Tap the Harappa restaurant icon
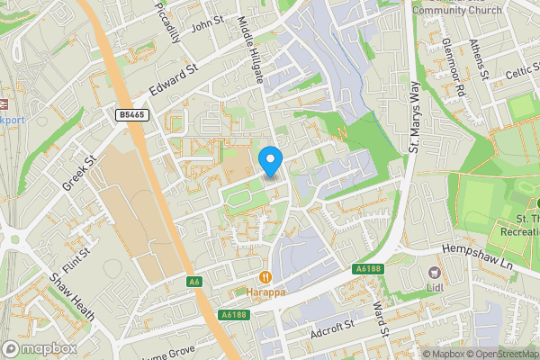click(x=265, y=277)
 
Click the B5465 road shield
click(x=132, y=115)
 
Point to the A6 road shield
click(x=194, y=282)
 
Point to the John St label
click(x=206, y=20)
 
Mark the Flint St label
click(x=84, y=240)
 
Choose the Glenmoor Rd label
click(x=452, y=68)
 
